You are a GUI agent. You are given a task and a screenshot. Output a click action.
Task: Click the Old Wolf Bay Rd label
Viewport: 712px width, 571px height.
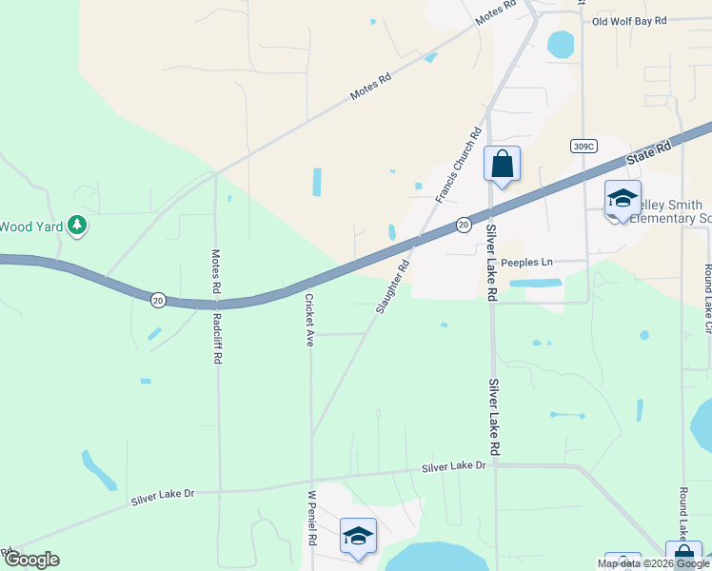pos(643,20)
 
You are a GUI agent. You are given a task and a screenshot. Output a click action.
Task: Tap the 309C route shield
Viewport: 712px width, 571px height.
pos(584,146)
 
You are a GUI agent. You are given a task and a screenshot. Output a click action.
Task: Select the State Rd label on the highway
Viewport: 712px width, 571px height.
pos(649,152)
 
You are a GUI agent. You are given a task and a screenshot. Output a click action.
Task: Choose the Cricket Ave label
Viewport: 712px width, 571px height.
pos(308,319)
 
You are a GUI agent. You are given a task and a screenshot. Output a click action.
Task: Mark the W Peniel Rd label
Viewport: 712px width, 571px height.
pos(310,519)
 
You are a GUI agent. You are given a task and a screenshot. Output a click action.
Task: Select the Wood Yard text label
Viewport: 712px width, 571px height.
pos(30,226)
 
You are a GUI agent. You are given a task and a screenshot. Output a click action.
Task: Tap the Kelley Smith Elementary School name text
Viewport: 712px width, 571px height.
pos(671,211)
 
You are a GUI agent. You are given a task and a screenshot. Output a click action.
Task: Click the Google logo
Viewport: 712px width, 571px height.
pos(30,560)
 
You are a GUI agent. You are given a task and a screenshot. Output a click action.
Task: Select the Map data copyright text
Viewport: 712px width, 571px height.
pos(654,563)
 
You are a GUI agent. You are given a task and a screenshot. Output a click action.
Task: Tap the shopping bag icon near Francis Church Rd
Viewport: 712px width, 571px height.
pos(502,163)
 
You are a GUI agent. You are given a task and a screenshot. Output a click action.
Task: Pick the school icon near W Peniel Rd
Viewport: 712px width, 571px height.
pos(358,536)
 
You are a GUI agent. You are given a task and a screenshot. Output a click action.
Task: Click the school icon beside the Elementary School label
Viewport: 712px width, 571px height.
pos(623,198)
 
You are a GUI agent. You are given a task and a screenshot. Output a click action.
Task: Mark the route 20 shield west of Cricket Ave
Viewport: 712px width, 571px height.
pos(158,300)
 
